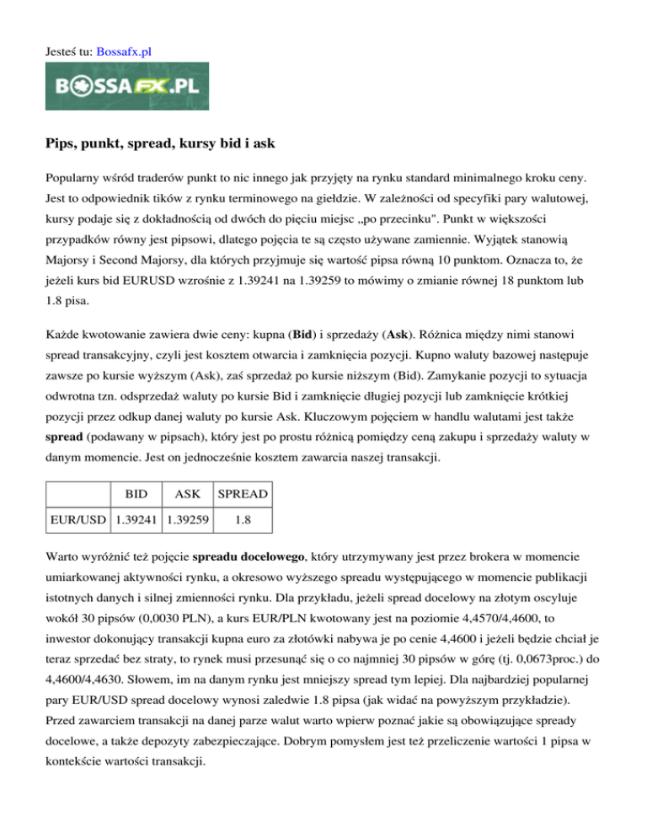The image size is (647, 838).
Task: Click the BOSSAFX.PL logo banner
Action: pos(127,86)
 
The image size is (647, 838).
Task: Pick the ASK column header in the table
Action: pos(190,492)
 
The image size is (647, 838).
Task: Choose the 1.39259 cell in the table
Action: pos(190,519)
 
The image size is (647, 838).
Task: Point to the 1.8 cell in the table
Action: pos(241,519)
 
